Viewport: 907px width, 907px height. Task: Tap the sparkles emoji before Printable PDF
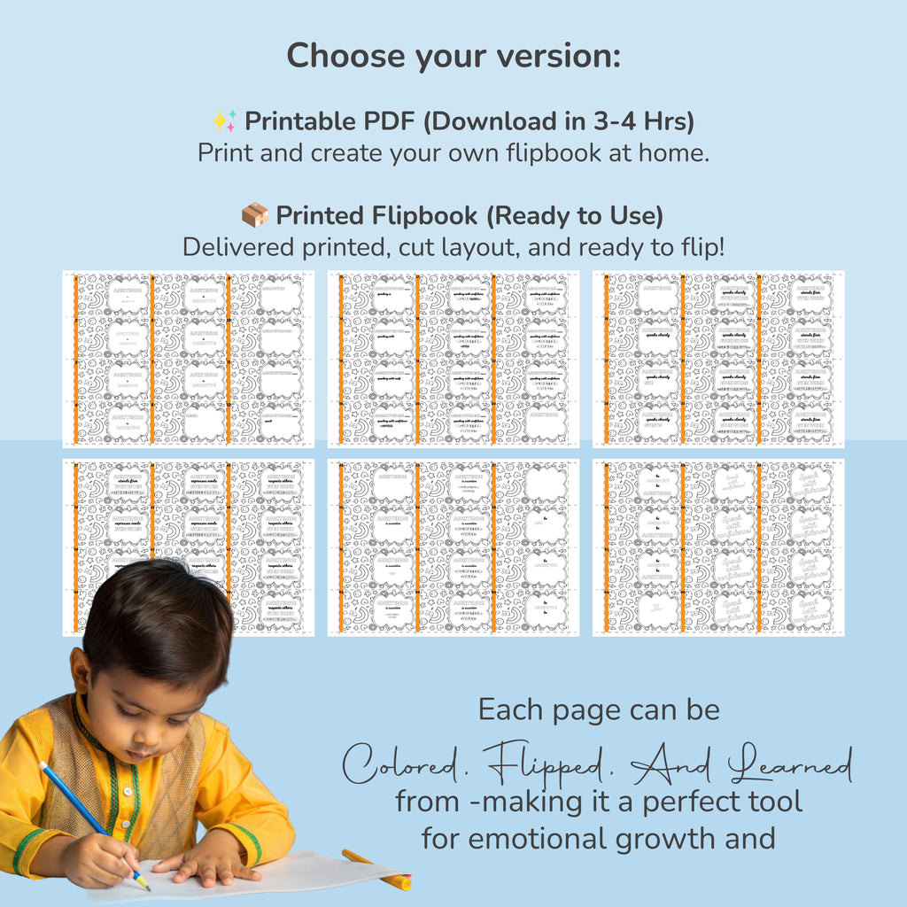click(x=224, y=120)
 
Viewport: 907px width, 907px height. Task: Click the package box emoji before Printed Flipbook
click(x=255, y=215)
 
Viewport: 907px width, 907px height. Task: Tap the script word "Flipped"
click(x=547, y=766)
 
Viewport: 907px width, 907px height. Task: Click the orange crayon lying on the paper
click(x=377, y=870)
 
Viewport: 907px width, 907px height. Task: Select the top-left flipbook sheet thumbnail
click(x=188, y=359)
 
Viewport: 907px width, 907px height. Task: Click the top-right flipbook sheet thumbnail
click(x=718, y=359)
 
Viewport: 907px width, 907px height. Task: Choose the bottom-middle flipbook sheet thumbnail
click(x=453, y=547)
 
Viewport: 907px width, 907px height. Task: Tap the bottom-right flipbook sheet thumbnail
click(x=718, y=547)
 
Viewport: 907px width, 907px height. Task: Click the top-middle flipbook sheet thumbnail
click(x=453, y=359)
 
